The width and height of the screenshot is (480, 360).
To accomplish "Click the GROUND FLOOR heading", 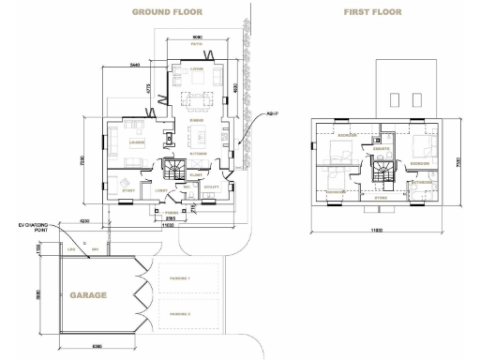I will point(167,12).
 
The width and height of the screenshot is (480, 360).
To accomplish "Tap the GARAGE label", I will point(87,294).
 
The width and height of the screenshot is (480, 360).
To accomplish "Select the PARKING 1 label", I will point(177,279).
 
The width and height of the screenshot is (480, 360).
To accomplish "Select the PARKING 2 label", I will point(177,312).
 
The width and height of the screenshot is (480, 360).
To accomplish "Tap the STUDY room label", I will point(128,189).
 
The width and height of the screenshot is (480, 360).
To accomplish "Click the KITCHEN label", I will point(198,153).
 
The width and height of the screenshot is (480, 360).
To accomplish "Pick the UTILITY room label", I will point(211,187).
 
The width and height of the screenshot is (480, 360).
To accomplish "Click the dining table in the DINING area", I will point(198,98).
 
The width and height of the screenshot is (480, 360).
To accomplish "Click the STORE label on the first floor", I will point(380,198).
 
